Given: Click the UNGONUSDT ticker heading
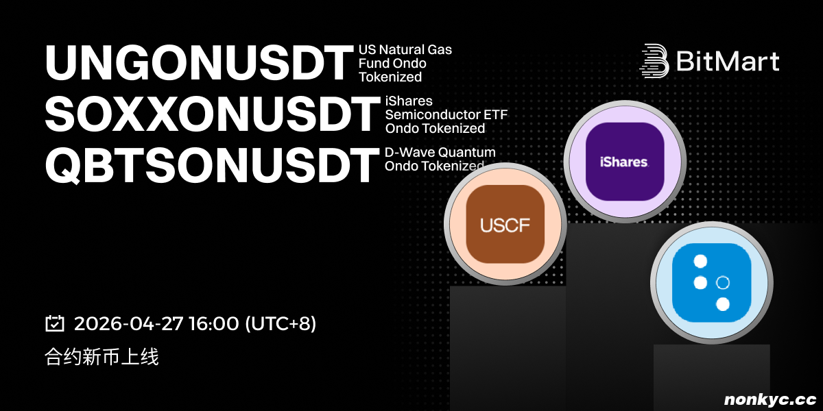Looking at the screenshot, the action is tap(199, 62).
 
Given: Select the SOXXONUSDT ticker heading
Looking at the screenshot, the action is tap(213, 114).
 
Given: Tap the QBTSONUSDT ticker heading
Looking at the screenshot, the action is tap(212, 165).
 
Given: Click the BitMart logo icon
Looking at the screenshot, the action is tap(654, 61).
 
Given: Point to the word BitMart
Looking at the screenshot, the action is tap(728, 61).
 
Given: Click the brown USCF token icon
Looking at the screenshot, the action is tap(505, 224).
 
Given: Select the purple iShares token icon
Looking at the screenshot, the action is tap(625, 162).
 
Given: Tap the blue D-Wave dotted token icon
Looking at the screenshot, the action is tap(712, 283).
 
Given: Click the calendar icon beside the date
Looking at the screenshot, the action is tap(55, 323).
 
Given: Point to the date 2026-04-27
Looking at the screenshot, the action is tap(129, 323).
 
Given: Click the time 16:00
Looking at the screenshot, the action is tap(214, 323).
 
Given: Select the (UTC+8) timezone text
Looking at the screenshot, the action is tap(281, 323).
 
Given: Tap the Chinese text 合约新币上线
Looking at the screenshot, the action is tap(102, 357).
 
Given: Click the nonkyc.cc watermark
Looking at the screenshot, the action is tap(770, 399).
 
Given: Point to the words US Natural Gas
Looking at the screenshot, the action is tap(405, 49).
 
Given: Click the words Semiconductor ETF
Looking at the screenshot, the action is tap(446, 114).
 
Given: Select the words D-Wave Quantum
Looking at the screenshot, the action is tap(440, 152).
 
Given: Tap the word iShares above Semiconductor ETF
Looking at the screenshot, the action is tap(409, 101).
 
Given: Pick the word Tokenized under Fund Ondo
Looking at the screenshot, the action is tap(390, 77).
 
